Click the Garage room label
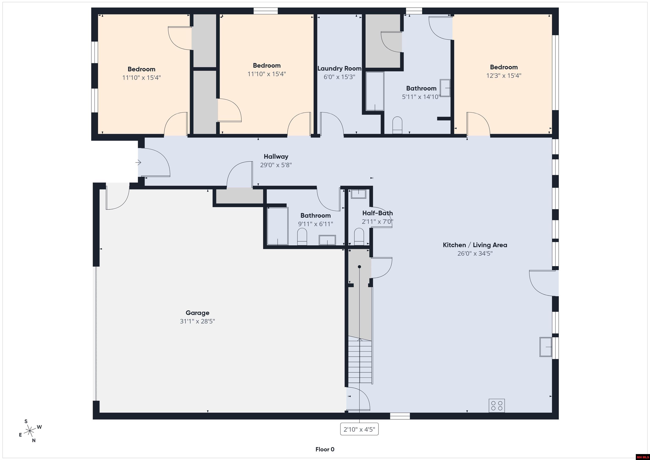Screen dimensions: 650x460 pyautogui.click(x=197, y=313)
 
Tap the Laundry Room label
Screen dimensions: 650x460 pyautogui.click(x=339, y=69)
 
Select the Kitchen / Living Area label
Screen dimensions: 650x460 pyautogui.click(x=475, y=245)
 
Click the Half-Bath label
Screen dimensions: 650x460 pyautogui.click(x=377, y=213)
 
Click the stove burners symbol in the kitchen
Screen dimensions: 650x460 pyautogui.click(x=497, y=406)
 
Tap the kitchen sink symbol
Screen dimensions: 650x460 pyautogui.click(x=545, y=347)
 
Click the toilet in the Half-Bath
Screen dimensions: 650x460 pyautogui.click(x=359, y=237)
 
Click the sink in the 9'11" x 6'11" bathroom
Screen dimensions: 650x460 pyautogui.click(x=327, y=240)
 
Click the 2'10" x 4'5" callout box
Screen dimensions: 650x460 pyautogui.click(x=359, y=429)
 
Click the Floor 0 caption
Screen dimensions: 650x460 pyautogui.click(x=325, y=449)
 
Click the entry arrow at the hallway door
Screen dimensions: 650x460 pyautogui.click(x=138, y=162)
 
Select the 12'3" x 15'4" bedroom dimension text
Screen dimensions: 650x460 pyautogui.click(x=504, y=76)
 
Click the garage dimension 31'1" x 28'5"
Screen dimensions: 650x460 pyautogui.click(x=197, y=321)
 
